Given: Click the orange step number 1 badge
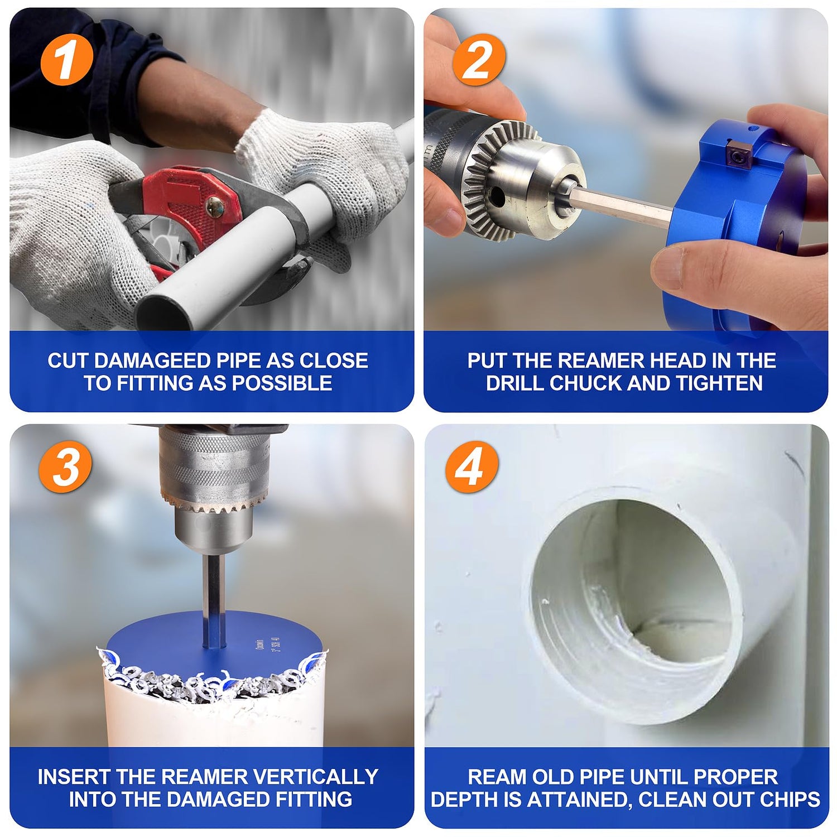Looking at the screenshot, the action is point(66,60).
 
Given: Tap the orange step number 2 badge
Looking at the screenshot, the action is point(478,60).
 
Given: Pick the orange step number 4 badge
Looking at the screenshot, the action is point(472,466).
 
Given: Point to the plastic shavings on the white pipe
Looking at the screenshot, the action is point(212,678).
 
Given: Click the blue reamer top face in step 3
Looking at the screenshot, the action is point(215,642).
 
